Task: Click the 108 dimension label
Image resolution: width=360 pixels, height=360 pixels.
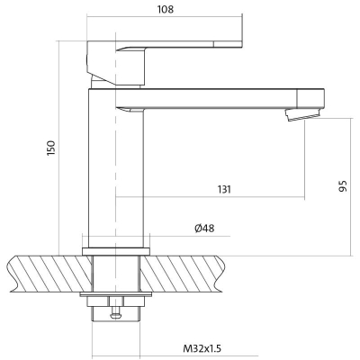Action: (x=166, y=9)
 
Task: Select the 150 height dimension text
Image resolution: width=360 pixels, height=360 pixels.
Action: (x=51, y=148)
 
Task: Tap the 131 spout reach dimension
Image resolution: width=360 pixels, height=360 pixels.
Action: (x=224, y=190)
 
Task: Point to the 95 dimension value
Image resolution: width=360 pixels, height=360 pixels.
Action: (x=343, y=186)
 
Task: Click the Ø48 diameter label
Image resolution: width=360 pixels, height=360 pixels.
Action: (x=204, y=229)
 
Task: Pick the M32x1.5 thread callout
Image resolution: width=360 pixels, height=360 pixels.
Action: (x=202, y=348)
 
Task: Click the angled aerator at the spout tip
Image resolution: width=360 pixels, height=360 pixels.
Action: (x=303, y=114)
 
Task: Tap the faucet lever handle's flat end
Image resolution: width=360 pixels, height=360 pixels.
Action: (x=228, y=44)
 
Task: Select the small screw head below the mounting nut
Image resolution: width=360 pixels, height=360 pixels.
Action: (x=116, y=315)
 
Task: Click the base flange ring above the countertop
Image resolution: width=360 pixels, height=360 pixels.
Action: (x=116, y=251)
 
